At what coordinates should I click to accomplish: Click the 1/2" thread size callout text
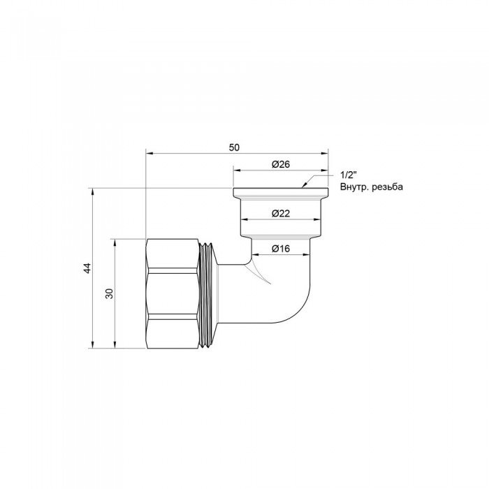[346, 175]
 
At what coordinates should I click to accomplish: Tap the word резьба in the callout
[388, 187]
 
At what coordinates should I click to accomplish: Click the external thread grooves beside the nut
[207, 293]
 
